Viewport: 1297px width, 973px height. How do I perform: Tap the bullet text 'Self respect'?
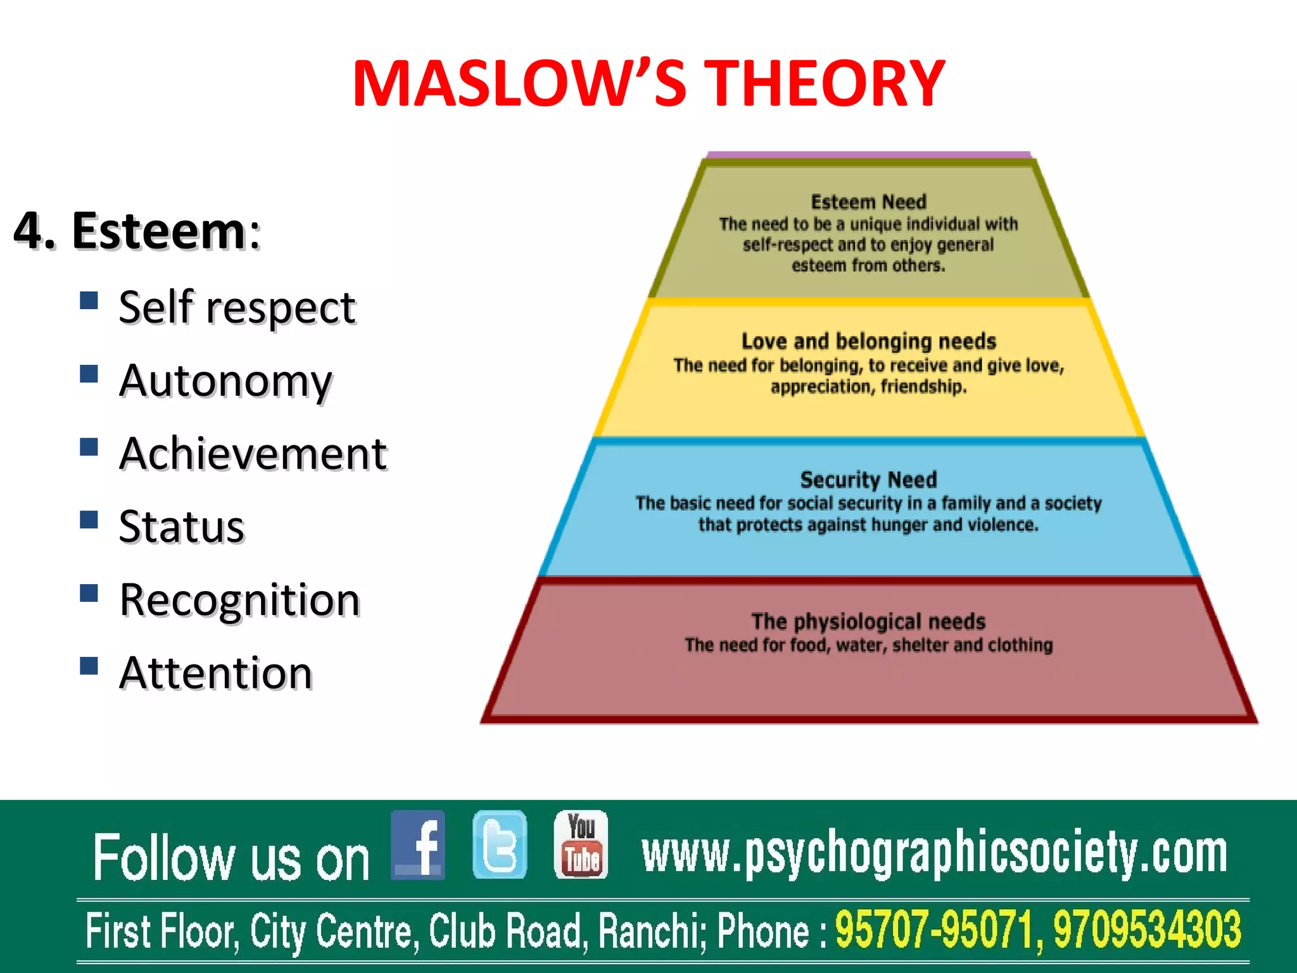tap(237, 308)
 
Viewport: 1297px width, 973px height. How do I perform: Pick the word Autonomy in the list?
tap(225, 381)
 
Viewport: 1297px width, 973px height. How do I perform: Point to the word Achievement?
tap(253, 454)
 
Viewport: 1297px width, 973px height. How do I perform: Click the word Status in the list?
tap(182, 527)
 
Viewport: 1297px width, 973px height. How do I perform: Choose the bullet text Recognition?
tap(240, 600)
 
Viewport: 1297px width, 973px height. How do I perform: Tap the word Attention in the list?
tap(216, 673)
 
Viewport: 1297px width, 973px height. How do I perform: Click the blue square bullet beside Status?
tap(89, 519)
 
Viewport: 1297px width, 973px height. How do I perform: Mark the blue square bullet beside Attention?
tap(89, 665)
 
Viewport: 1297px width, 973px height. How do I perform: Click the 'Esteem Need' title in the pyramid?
tap(868, 202)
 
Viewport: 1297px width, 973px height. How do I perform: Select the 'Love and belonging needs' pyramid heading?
tap(868, 341)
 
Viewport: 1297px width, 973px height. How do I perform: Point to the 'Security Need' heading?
tap(868, 480)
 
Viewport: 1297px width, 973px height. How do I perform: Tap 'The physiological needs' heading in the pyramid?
tap(868, 621)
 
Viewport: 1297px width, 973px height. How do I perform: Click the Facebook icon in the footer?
tap(418, 845)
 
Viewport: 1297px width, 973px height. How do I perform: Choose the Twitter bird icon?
tap(500, 845)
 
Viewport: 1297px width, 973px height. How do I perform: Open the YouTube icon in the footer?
tap(581, 845)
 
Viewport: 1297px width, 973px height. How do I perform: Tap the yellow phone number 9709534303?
tap(1147, 930)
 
